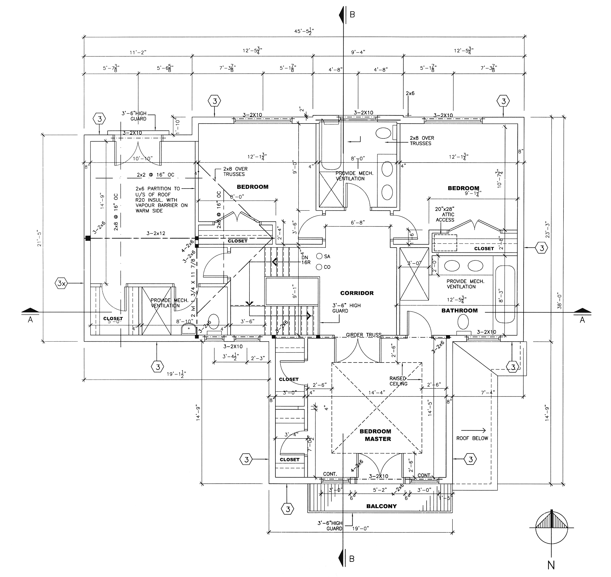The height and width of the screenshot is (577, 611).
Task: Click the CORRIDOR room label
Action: point(357,293)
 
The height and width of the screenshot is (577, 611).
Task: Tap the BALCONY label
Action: point(381,506)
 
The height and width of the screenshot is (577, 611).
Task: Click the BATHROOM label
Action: point(459,311)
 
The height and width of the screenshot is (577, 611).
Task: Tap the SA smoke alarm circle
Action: point(319,256)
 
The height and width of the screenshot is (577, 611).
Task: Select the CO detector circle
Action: point(319,267)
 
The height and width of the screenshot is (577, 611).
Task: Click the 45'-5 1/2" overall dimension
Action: point(304,31)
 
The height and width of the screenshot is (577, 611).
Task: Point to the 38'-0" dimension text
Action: point(559,300)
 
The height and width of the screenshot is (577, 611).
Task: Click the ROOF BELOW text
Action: point(472,438)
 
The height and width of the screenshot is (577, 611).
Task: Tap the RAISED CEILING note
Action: point(398,381)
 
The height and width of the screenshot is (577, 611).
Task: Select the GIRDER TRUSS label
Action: point(363,335)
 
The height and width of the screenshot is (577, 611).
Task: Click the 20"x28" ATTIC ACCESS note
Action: point(445,215)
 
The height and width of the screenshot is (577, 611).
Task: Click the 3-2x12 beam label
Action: point(156,233)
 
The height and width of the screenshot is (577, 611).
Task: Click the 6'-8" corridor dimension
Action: point(358,222)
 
